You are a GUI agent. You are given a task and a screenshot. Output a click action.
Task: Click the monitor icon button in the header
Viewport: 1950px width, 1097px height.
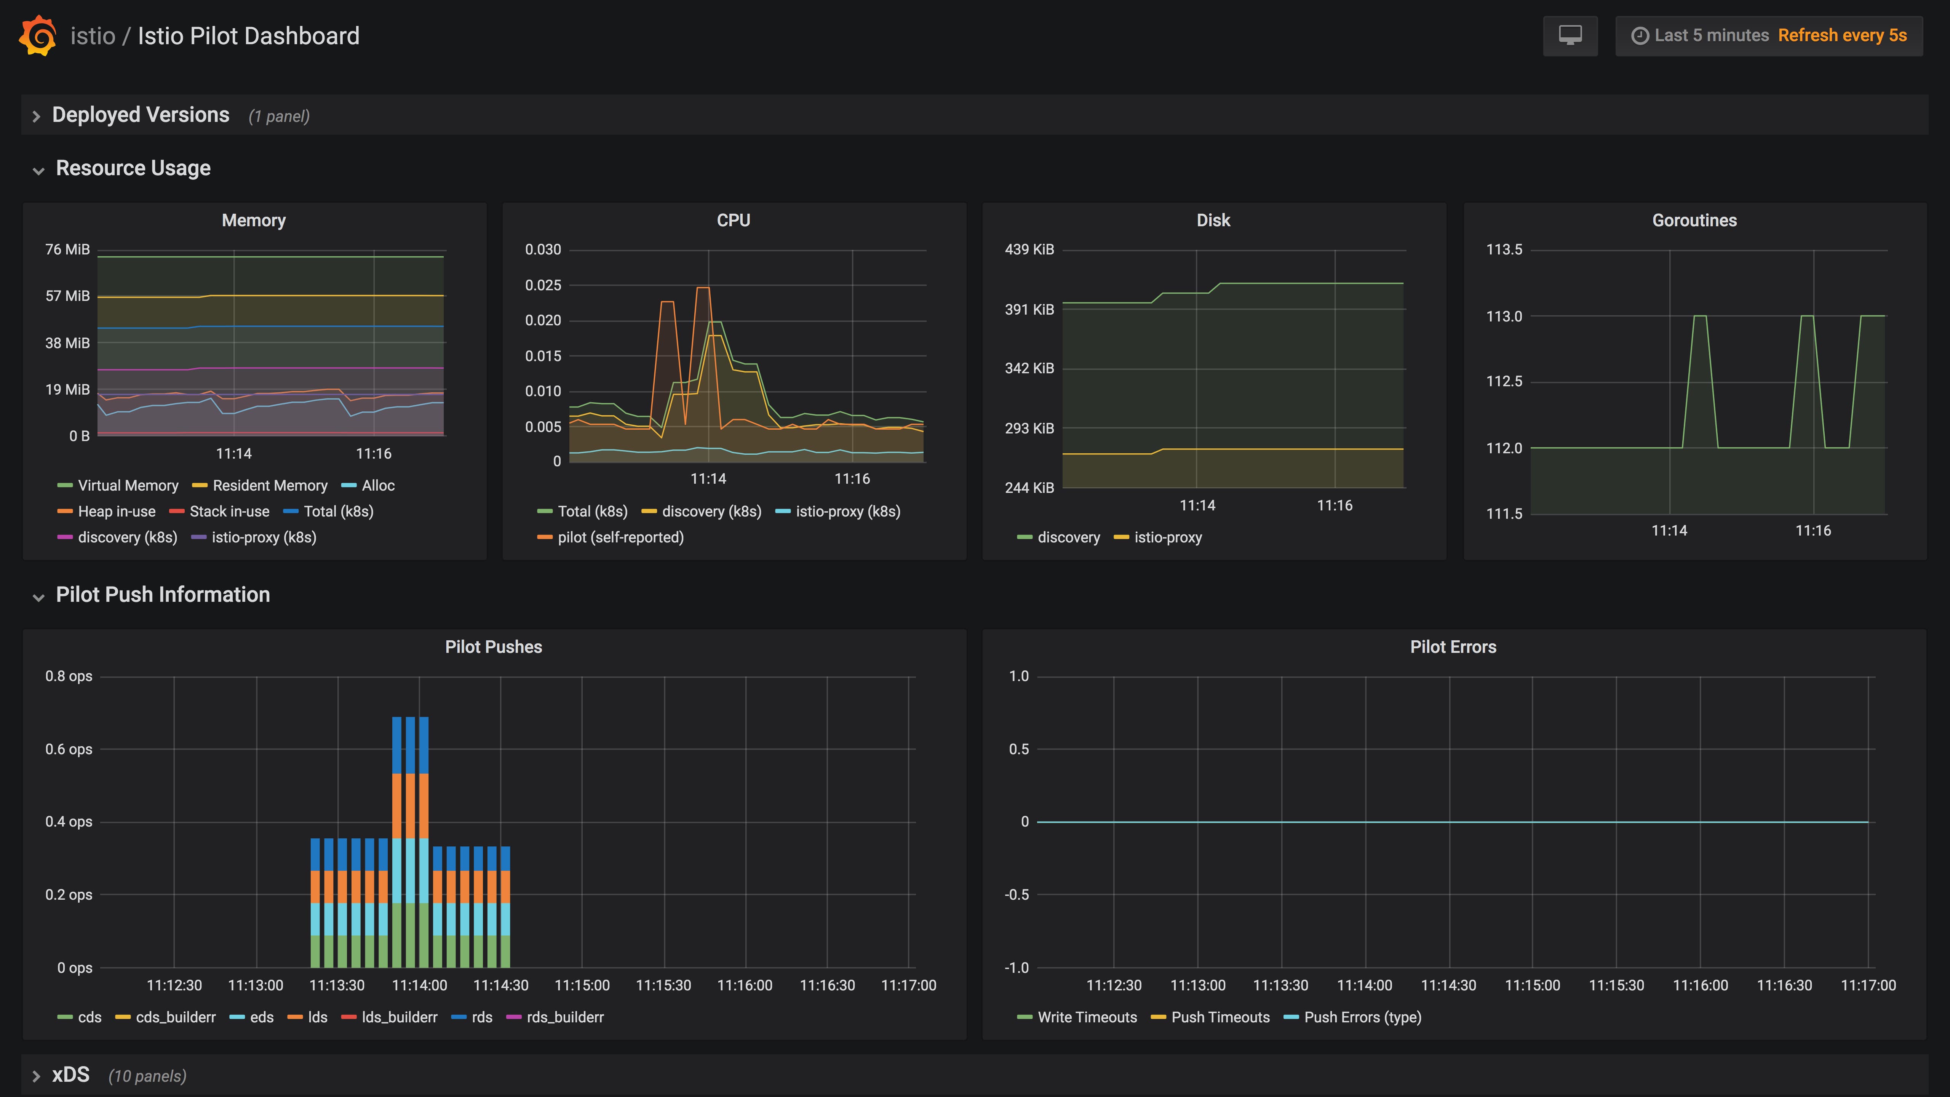1570,35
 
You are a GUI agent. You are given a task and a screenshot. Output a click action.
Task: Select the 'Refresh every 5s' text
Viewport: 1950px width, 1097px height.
1842,35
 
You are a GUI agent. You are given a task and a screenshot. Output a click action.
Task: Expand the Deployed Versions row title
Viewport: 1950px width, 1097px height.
140,115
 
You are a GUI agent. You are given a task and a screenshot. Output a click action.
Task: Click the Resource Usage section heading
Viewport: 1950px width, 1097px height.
133,168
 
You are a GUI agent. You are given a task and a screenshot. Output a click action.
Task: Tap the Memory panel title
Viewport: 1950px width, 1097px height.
254,220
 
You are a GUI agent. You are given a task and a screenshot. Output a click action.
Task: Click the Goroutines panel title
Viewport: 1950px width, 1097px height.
1694,220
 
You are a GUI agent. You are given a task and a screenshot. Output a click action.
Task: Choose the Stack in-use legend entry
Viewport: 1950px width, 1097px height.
229,511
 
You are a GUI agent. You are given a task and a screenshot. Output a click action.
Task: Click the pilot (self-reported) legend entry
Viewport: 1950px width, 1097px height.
620,537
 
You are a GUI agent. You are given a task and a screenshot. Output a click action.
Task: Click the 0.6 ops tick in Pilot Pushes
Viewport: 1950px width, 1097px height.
69,750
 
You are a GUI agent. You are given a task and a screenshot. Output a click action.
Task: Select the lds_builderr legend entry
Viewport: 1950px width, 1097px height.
399,1017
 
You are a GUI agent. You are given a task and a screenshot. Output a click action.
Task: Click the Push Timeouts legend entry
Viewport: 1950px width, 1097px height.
1220,1017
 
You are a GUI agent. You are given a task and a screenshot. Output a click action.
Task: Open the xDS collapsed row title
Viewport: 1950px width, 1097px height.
70,1075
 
